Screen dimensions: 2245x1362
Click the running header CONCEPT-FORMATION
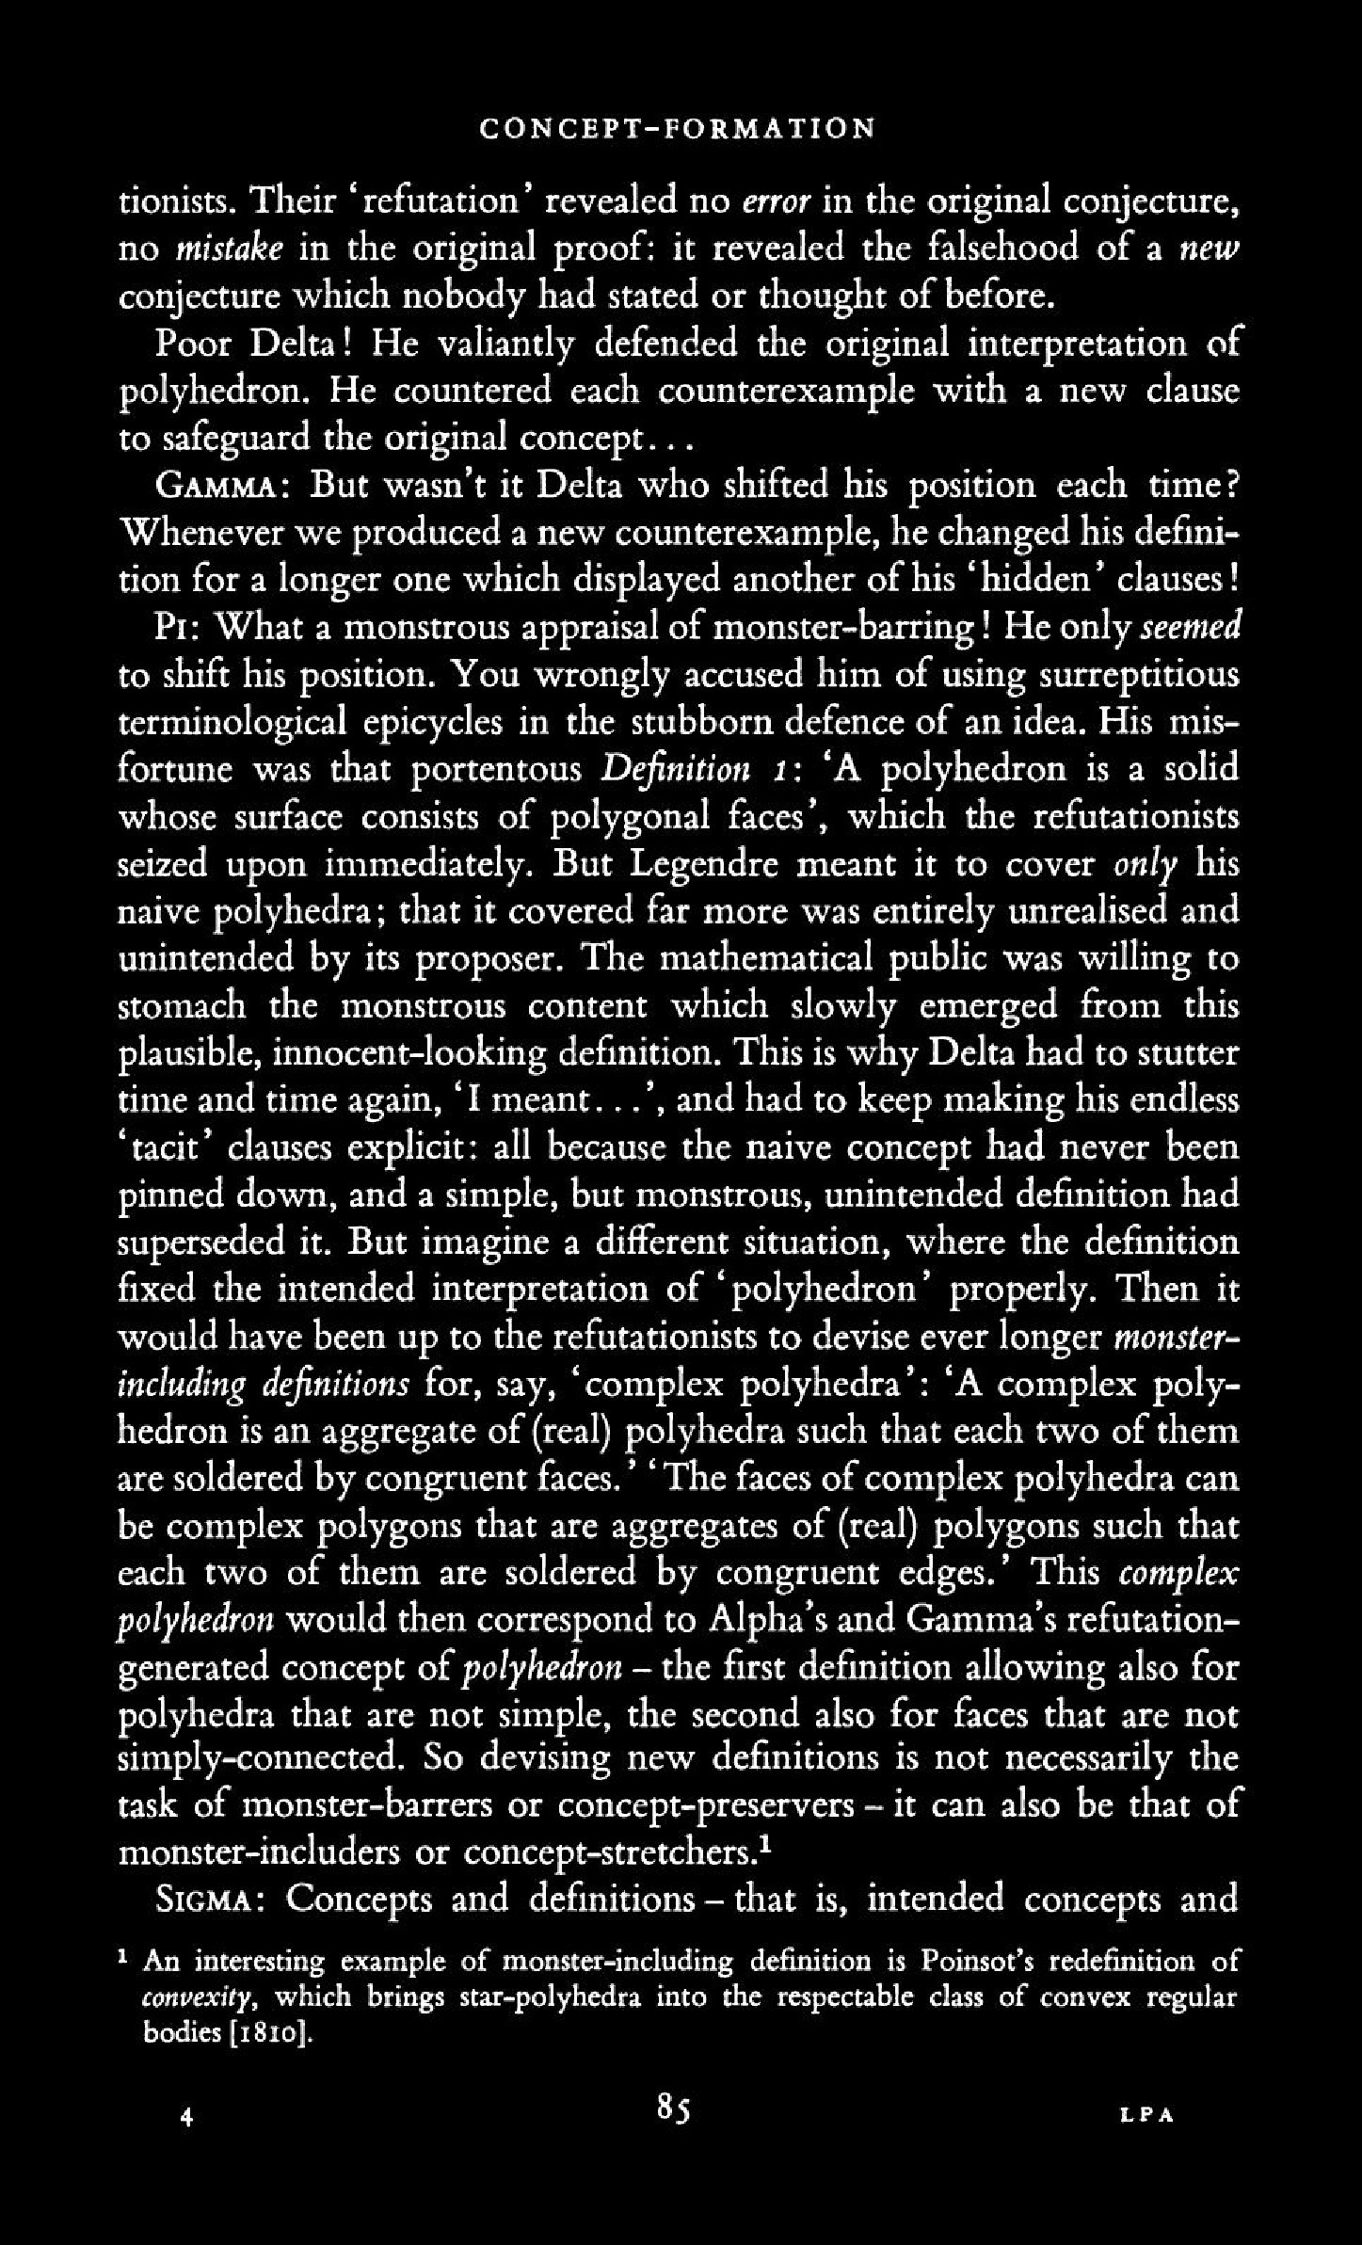(x=677, y=128)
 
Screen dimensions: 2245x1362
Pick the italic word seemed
(x=1191, y=628)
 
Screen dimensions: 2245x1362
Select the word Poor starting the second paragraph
(x=193, y=344)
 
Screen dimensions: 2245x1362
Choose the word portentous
(x=500, y=770)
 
